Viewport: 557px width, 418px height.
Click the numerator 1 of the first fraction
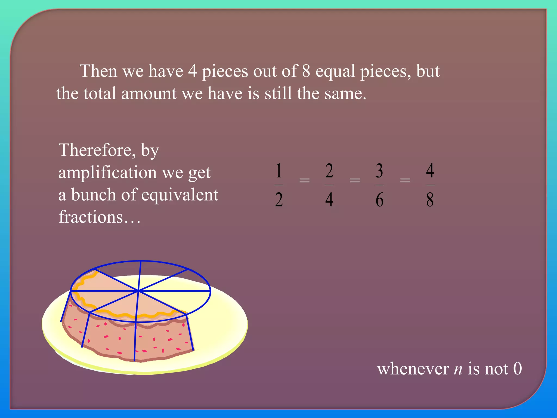click(x=279, y=171)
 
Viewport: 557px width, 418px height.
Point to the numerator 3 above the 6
click(x=379, y=171)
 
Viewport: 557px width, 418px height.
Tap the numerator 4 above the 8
click(x=430, y=171)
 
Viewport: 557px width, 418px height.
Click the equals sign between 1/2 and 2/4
click(x=304, y=180)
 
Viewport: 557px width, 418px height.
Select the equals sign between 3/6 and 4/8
click(x=405, y=180)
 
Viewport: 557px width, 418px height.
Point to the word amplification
click(x=107, y=173)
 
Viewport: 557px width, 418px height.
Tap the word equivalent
click(x=180, y=195)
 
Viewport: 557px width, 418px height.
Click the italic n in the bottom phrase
click(x=458, y=370)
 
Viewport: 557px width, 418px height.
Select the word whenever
click(x=413, y=369)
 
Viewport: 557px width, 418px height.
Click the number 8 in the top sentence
click(x=306, y=71)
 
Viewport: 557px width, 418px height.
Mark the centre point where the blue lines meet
click(x=138, y=291)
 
